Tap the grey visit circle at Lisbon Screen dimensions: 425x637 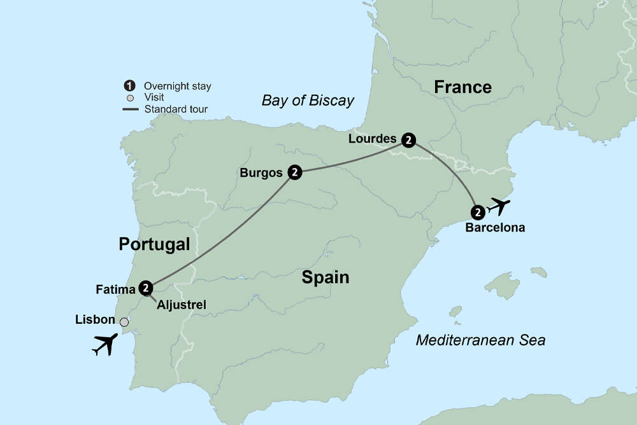click(124, 322)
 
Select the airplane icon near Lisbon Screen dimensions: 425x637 click(105, 344)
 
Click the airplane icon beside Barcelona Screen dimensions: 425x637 click(497, 207)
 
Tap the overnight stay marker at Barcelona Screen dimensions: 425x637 click(478, 212)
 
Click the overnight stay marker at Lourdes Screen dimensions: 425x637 click(408, 140)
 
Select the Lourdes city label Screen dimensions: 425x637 click(372, 139)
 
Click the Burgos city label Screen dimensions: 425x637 click(261, 172)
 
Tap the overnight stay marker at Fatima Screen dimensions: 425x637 click(147, 288)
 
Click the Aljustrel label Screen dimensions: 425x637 click(181, 306)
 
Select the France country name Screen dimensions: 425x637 click(462, 87)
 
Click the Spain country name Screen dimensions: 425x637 click(326, 277)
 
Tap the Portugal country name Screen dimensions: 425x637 click(154, 244)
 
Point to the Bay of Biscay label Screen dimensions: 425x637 click(308, 101)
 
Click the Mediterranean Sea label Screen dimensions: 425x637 click(480, 340)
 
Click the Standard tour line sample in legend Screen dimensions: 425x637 click(130, 109)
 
